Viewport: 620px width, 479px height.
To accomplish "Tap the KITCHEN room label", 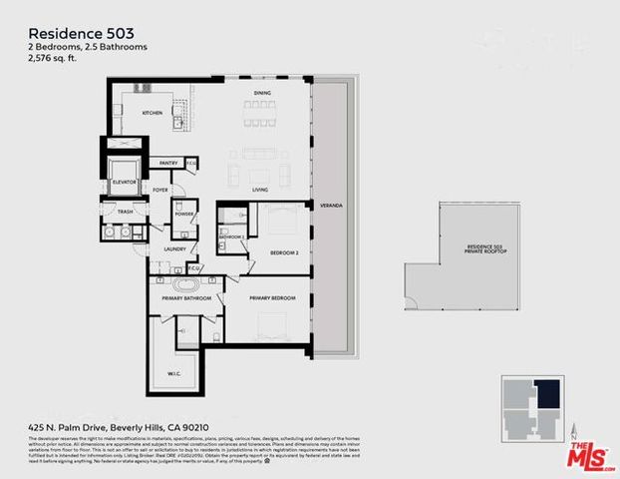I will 152,113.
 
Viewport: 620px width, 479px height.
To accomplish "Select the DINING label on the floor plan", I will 262,94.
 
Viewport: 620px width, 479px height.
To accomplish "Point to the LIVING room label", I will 260,190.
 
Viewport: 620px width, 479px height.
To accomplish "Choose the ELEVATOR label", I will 125,182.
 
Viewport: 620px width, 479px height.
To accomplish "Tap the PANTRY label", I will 167,163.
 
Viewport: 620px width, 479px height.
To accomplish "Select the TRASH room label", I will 125,212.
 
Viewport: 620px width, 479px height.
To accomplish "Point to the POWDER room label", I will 183,215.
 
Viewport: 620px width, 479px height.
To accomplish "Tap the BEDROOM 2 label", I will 284,253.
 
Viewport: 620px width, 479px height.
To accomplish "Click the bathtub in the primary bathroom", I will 181,285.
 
